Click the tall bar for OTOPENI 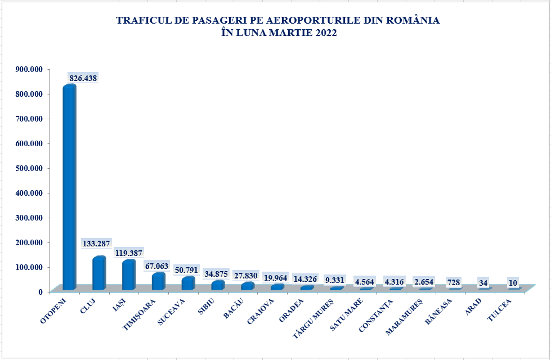pos(69,188)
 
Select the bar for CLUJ pos(99,274)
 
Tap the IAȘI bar pos(129,276)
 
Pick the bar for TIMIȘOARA pos(158,282)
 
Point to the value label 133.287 pos(97,245)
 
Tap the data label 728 pos(454,282)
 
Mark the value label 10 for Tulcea pos(513,283)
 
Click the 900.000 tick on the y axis pos(29,69)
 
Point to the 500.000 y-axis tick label pos(29,168)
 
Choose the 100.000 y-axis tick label pos(29,267)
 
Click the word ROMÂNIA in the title pos(415,21)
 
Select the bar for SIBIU pos(218,285)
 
